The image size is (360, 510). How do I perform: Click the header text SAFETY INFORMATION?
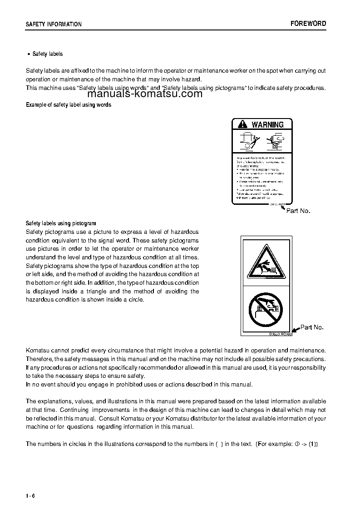[x=54, y=24]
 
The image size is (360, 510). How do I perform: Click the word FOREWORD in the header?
[x=308, y=24]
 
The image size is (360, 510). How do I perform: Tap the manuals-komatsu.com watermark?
[x=145, y=94]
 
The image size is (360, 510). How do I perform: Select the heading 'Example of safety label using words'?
[x=69, y=105]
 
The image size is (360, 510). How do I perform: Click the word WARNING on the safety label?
[x=267, y=124]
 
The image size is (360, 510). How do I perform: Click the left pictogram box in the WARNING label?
[x=247, y=141]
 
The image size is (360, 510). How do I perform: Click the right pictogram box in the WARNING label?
[x=276, y=141]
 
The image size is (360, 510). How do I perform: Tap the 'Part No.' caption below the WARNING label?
[x=298, y=211]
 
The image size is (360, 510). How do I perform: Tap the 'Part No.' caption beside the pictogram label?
[x=312, y=327]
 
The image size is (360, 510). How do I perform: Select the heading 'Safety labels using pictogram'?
[x=61, y=223]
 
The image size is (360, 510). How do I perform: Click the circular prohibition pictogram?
[x=266, y=309]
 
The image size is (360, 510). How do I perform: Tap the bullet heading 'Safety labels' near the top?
[x=47, y=54]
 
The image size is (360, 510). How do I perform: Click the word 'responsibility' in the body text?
[x=308, y=367]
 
